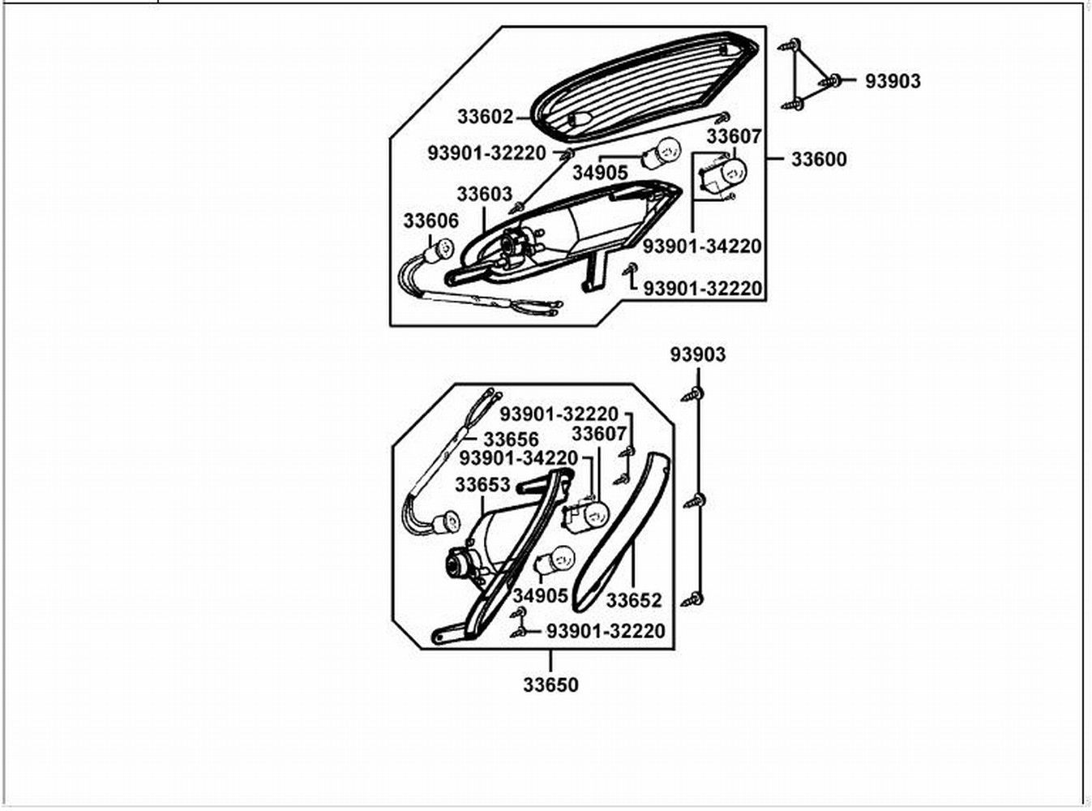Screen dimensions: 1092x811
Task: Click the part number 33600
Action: (x=819, y=160)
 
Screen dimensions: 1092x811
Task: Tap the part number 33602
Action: (x=486, y=117)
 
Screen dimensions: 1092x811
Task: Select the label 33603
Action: (x=485, y=194)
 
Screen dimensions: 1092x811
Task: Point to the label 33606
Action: (x=430, y=221)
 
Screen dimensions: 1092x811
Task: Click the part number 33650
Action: (x=550, y=684)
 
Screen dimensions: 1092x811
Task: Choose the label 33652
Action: (x=634, y=601)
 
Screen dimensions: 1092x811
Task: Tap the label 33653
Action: (x=482, y=485)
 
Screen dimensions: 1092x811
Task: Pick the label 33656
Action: (x=511, y=439)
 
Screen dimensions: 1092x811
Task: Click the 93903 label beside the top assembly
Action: (x=893, y=81)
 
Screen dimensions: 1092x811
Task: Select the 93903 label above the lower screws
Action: (x=698, y=354)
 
